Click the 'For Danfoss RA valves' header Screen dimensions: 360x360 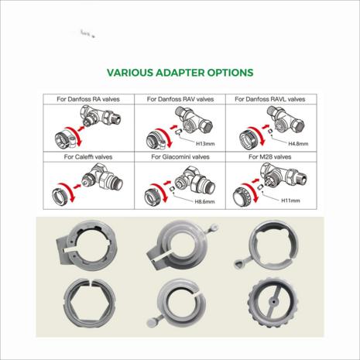coord(88,99)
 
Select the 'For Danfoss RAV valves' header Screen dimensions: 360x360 coord(180,99)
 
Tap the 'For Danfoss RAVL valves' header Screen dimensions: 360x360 coord(270,99)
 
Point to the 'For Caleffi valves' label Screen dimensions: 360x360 coord(88,157)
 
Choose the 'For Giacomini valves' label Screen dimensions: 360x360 coord(180,157)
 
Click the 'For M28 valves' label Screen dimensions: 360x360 coord(270,157)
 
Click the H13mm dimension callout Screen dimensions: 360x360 coord(205,144)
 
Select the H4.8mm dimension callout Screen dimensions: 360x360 coord(298,144)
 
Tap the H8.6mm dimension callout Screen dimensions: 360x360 coord(204,201)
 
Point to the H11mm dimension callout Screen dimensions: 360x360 coord(290,201)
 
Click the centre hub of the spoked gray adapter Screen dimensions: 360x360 coord(273,301)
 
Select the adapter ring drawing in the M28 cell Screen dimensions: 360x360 coord(243,197)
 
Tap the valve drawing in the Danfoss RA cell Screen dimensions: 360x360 coord(100,117)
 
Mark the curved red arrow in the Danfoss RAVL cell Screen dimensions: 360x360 coord(260,135)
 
